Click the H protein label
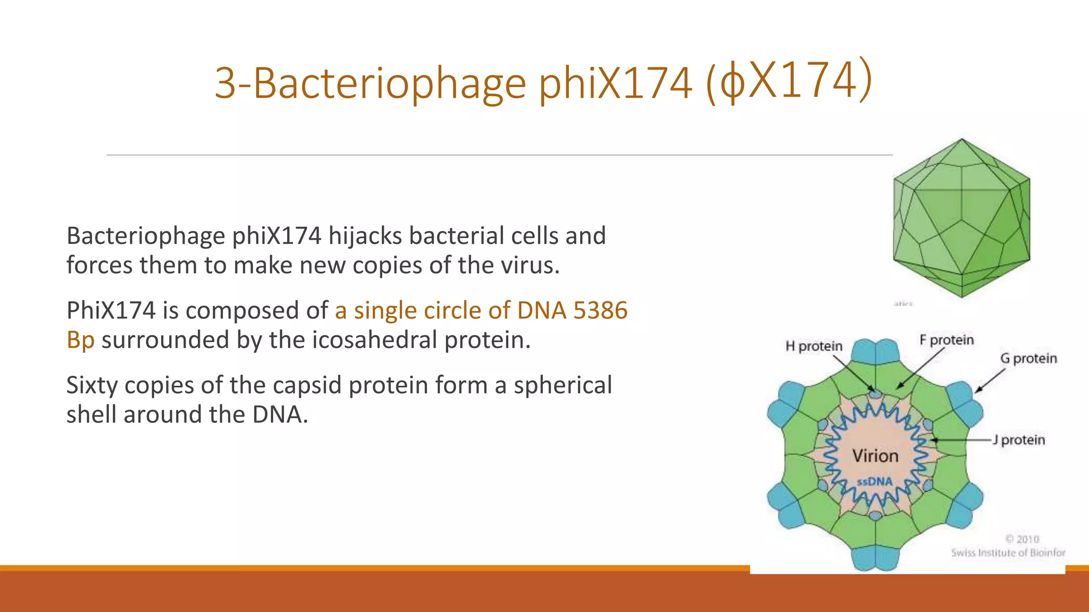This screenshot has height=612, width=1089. point(814,346)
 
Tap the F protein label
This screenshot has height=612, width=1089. point(947,340)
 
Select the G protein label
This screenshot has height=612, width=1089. point(1028,359)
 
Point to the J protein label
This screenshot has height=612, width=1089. point(1019,440)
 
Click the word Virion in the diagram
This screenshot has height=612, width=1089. point(875,456)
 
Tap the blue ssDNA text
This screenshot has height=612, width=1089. point(875,482)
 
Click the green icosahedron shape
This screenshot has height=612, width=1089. point(961,218)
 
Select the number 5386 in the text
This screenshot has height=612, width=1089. point(600,310)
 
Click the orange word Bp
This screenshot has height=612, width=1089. point(80,340)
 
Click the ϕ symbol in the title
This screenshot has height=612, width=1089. point(733,83)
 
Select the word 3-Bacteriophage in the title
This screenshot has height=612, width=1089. point(370,83)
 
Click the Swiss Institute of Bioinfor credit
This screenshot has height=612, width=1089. point(1008,552)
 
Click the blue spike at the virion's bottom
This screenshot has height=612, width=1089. point(875,558)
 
